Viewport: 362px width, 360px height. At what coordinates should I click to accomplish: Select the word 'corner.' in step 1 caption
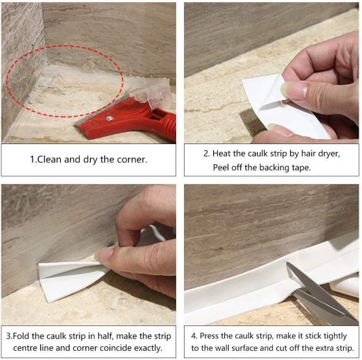pos(135,160)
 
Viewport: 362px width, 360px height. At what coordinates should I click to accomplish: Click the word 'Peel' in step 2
pos(224,168)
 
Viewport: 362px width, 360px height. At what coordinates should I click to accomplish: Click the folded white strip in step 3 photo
pos(65,277)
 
